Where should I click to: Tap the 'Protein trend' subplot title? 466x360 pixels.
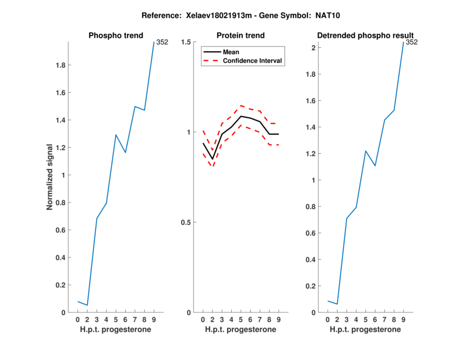point(241,36)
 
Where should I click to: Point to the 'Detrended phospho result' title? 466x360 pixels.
point(365,36)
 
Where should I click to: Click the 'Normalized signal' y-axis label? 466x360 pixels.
point(51,177)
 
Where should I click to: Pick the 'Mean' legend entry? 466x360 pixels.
point(231,52)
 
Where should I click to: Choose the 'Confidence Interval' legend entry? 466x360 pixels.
point(253,61)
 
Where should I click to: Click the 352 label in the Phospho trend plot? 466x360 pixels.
point(163,42)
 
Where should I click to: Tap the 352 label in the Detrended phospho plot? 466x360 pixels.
point(411,42)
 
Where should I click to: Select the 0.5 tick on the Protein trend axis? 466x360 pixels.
point(186,223)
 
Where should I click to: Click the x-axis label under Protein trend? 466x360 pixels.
point(241,330)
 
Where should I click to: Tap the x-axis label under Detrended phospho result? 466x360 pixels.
point(365,330)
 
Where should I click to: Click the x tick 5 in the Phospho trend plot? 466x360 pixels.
point(116,320)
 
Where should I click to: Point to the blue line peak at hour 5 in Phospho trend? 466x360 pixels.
point(116,135)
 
